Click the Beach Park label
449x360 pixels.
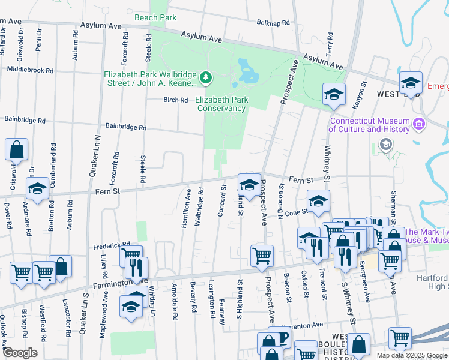click(x=156, y=17)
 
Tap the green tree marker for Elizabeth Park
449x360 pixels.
click(x=206, y=77)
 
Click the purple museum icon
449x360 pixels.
click(x=419, y=125)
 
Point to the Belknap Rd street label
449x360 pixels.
click(x=273, y=22)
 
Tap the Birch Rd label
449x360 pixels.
click(x=176, y=100)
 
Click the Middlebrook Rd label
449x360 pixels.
click(x=30, y=70)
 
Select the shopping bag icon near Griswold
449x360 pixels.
click(x=17, y=149)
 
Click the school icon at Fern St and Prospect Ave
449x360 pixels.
click(x=249, y=184)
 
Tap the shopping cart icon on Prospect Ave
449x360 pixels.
click(x=262, y=256)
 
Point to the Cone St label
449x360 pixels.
click(x=296, y=211)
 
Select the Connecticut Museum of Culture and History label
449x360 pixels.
click(x=369, y=125)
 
